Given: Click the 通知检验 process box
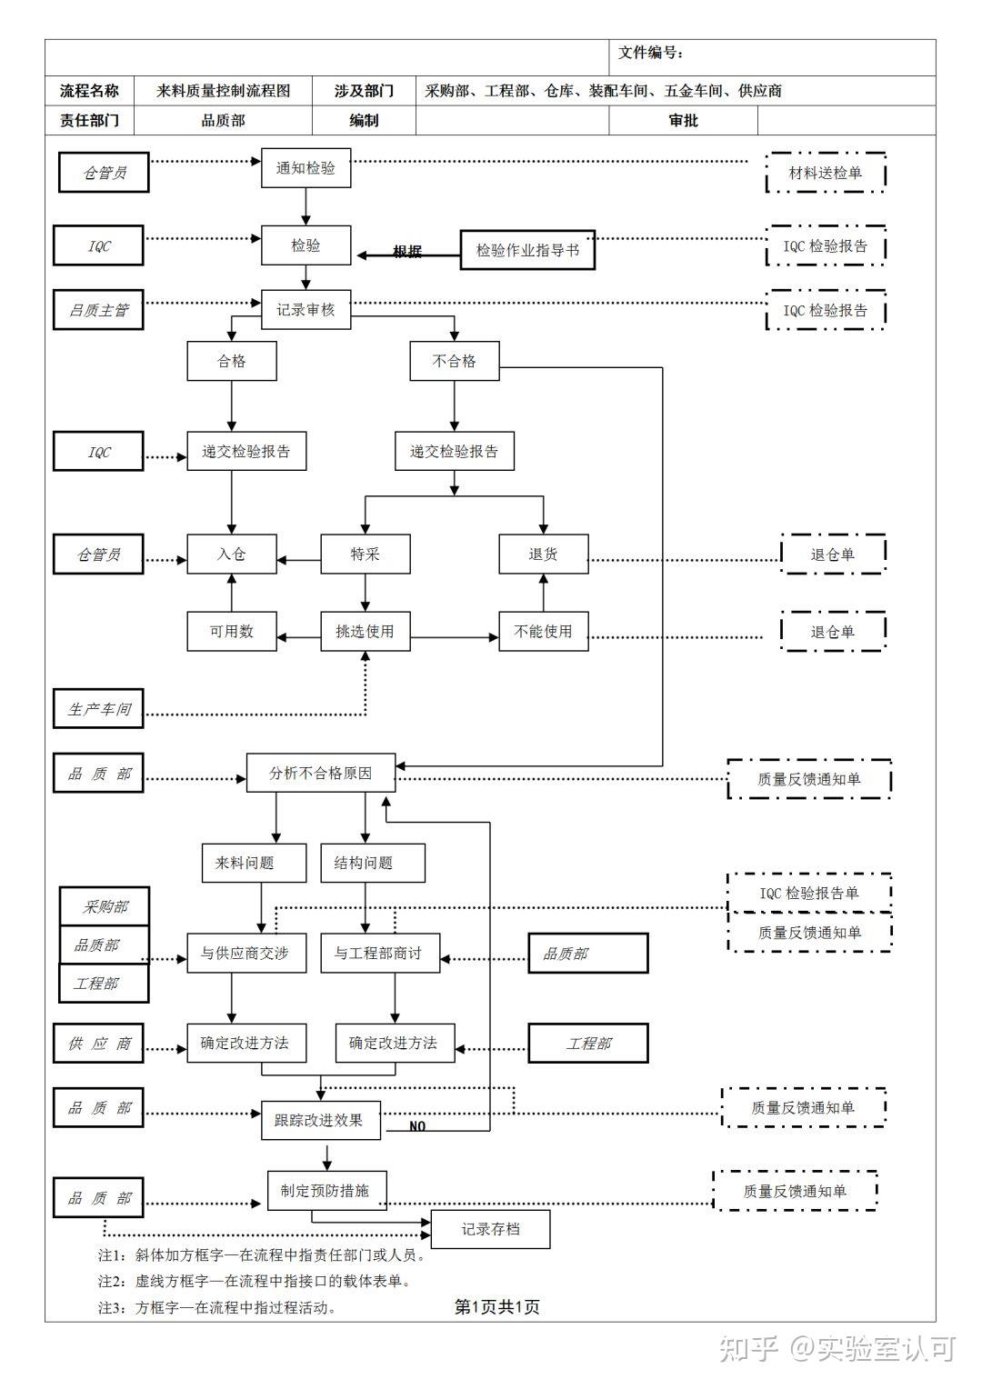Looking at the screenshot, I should (306, 168).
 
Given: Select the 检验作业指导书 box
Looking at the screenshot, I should (527, 250).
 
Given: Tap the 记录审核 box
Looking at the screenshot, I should (306, 310).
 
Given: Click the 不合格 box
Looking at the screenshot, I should (455, 361).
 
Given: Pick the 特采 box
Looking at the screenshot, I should (366, 554).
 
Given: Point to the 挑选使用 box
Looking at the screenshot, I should (366, 631).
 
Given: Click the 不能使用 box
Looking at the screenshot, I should (543, 631).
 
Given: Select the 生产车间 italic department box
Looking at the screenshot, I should (98, 709).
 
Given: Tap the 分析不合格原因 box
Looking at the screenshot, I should (321, 774).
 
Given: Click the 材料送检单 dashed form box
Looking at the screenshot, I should (826, 173).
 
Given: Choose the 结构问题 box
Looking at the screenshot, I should (372, 863).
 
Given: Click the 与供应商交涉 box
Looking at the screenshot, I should (246, 954).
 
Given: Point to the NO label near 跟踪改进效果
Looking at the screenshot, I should (417, 1126).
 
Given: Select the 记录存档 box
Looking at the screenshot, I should (490, 1229).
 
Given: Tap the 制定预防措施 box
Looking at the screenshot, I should (326, 1191).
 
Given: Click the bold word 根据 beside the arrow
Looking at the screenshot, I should (407, 252).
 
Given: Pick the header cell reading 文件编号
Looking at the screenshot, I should (651, 53).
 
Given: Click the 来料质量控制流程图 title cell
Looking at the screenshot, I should (223, 91).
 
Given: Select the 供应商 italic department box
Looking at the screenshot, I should (98, 1044).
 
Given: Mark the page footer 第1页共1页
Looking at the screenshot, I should (496, 1307).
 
